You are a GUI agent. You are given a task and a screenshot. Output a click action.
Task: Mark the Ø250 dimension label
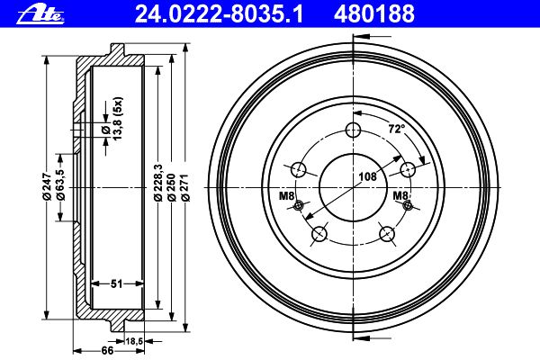171,184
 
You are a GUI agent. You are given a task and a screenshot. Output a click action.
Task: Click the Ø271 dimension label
184,184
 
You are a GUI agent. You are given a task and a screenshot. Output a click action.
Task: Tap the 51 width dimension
115,284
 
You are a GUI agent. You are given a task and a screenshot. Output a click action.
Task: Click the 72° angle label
396,129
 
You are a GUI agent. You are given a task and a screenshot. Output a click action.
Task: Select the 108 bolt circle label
366,176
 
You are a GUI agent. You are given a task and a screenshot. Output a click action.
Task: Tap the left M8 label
286,196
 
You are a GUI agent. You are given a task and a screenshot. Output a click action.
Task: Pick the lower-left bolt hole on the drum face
319,235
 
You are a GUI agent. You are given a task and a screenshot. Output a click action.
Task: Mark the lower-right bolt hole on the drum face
388,235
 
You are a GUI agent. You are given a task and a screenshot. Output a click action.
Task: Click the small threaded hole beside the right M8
409,207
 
